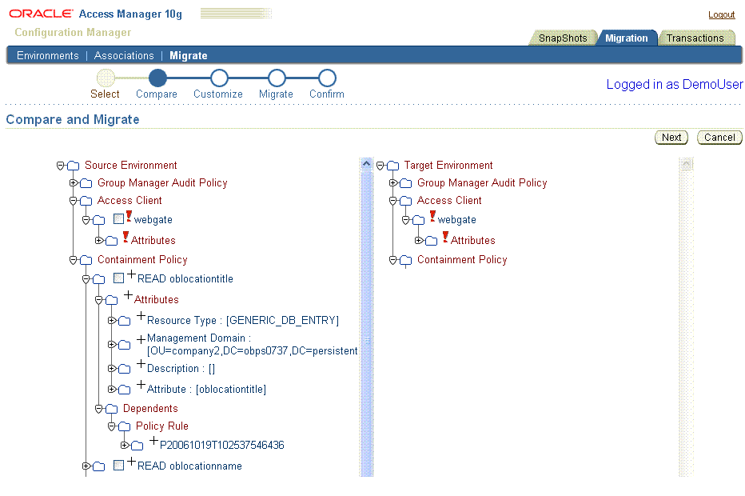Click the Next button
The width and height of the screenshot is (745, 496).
pyautogui.click(x=671, y=138)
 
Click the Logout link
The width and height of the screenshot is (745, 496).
pyautogui.click(x=721, y=14)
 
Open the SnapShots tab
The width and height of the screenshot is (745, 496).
pyautogui.click(x=563, y=38)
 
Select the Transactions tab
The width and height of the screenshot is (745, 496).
pyautogui.click(x=695, y=38)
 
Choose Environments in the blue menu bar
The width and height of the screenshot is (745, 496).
pyautogui.click(x=47, y=56)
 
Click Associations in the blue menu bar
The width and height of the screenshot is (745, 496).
pyautogui.click(x=124, y=56)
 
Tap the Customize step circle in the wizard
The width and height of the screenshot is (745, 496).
pyautogui.click(x=219, y=78)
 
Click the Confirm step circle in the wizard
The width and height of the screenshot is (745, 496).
pyautogui.click(x=327, y=78)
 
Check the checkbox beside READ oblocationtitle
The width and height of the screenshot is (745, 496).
pyautogui.click(x=119, y=278)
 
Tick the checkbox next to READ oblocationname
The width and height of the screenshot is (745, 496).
pyautogui.click(x=119, y=465)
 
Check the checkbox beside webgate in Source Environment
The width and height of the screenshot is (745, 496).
pyautogui.click(x=119, y=218)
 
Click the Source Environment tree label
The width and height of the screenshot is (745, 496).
pyautogui.click(x=130, y=165)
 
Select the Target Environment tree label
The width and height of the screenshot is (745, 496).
pyautogui.click(x=448, y=165)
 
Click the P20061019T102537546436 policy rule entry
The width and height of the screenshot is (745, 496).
pyautogui.click(x=222, y=445)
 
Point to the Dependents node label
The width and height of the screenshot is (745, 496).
pyautogui.click(x=150, y=409)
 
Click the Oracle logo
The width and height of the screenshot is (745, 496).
pyautogui.click(x=42, y=14)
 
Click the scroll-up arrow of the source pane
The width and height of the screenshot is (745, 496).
pyautogui.click(x=366, y=164)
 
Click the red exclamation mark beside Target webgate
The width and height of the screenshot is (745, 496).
pyautogui.click(x=432, y=216)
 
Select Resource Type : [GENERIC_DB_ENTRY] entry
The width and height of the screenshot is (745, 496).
pyautogui.click(x=243, y=321)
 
